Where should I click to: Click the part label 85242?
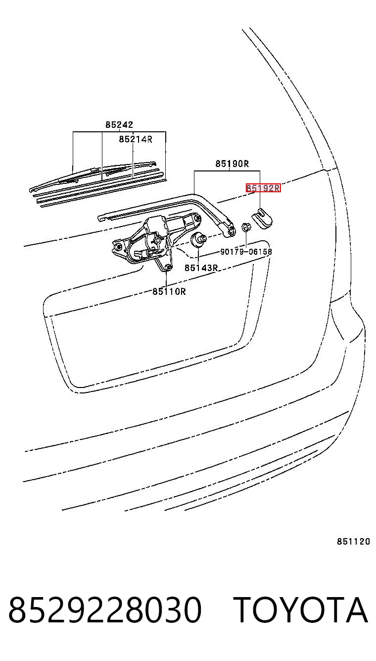point(119,124)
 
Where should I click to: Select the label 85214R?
point(136,139)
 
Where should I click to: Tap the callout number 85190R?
point(232,164)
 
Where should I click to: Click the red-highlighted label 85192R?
point(263,188)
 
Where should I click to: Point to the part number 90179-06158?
point(246,252)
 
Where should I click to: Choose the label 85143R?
point(201,268)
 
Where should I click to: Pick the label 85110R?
point(169,291)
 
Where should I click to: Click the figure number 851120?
point(354,542)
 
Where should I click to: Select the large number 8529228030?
point(105,609)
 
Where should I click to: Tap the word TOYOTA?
point(301,609)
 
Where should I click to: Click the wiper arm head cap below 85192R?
point(262,219)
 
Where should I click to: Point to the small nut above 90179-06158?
point(246,227)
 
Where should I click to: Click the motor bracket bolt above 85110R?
point(168,268)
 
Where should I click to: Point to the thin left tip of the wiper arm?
point(101,218)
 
